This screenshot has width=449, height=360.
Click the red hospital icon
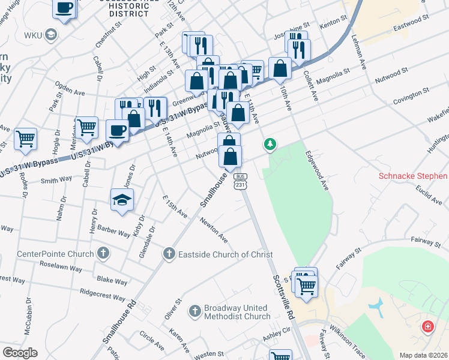427,326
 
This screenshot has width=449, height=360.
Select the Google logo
20,352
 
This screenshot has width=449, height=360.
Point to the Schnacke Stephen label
413,176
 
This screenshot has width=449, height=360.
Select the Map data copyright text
423,355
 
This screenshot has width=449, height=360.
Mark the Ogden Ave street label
70,92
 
